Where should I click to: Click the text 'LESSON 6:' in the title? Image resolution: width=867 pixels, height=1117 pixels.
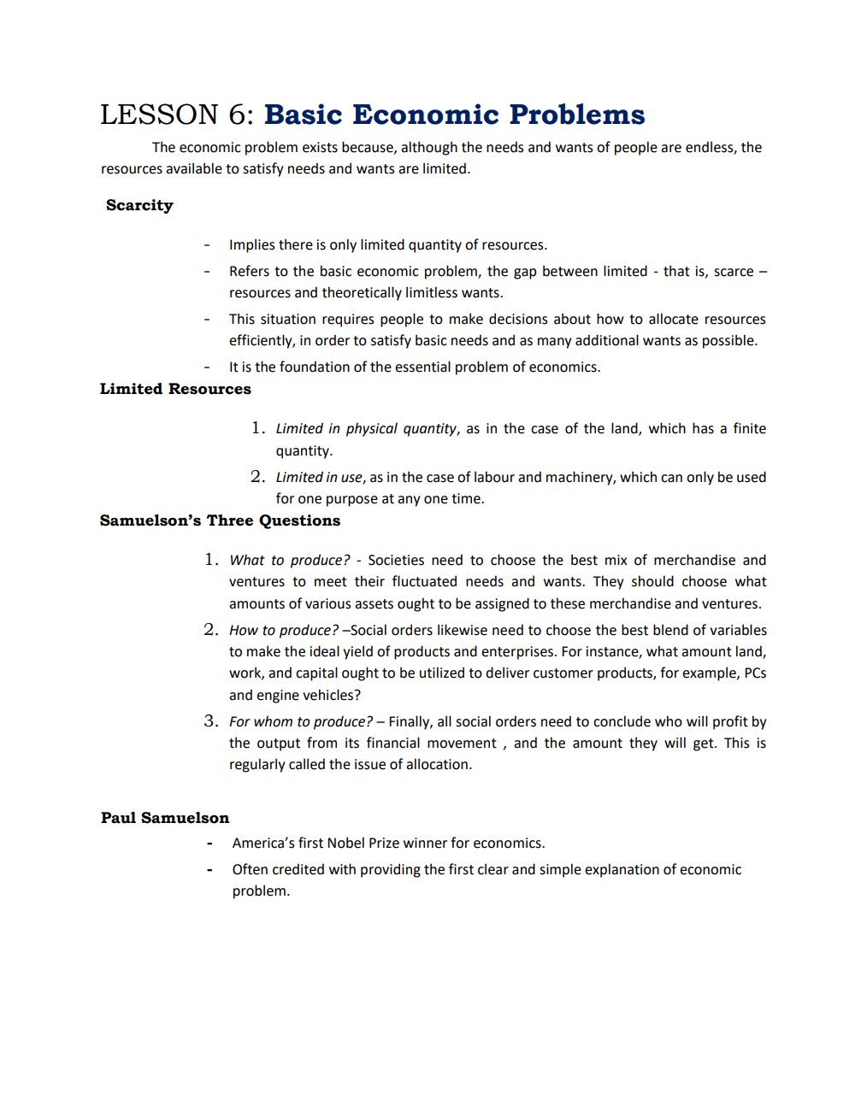[177, 115]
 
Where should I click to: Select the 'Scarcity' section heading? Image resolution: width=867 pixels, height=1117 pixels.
[139, 205]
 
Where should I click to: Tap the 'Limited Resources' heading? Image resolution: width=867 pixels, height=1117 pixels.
[175, 389]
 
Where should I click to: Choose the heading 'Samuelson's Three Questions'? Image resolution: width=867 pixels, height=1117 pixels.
[220, 520]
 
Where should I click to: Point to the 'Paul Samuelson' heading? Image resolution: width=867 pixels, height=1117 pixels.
[165, 818]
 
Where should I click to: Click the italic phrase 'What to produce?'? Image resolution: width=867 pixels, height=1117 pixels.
[289, 561]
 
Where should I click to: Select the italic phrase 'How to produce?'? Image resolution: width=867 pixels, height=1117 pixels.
[284, 631]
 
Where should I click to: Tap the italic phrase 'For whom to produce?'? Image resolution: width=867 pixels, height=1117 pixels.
[301, 722]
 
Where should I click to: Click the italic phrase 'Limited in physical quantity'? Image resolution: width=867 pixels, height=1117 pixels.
[366, 429]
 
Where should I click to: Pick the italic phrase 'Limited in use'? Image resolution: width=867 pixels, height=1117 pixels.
[319, 478]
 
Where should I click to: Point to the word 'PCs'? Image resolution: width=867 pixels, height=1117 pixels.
[755, 673]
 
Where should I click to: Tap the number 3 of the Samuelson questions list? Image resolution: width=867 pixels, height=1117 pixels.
[210, 721]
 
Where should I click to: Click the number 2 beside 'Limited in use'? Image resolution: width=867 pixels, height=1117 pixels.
[257, 477]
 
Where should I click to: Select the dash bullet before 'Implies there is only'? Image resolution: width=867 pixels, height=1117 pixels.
[207, 245]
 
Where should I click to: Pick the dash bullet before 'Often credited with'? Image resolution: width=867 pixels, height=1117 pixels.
[209, 870]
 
